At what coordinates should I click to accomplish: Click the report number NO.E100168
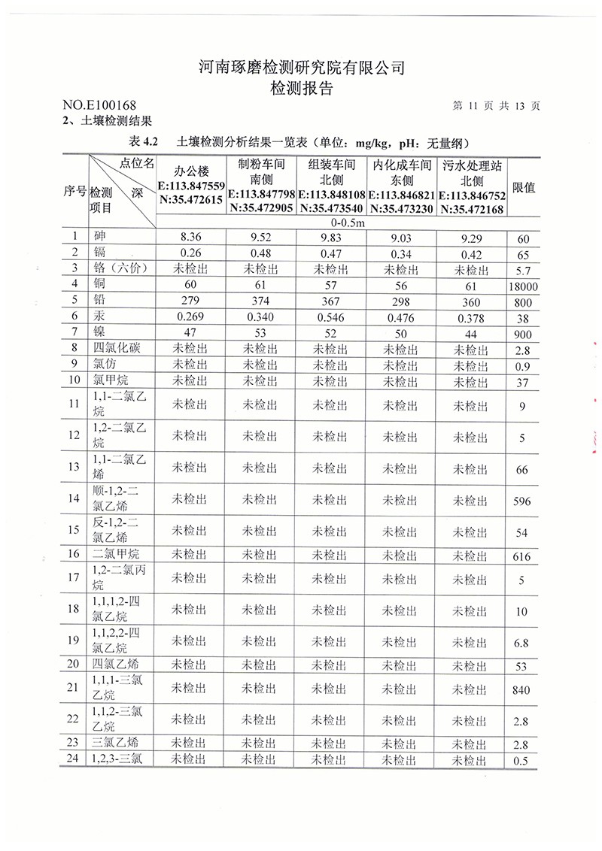click(x=99, y=106)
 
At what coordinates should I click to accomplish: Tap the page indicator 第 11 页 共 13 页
click(x=497, y=106)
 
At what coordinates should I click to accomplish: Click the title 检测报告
click(x=301, y=88)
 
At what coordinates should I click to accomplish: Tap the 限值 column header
click(x=524, y=186)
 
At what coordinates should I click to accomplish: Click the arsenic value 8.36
click(x=190, y=239)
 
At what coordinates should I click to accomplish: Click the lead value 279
click(x=190, y=301)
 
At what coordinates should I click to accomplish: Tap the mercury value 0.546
click(x=330, y=317)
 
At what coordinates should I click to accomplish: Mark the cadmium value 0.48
click(x=260, y=254)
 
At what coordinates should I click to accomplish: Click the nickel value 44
click(x=472, y=333)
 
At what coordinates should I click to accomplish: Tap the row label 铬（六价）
click(x=120, y=270)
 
